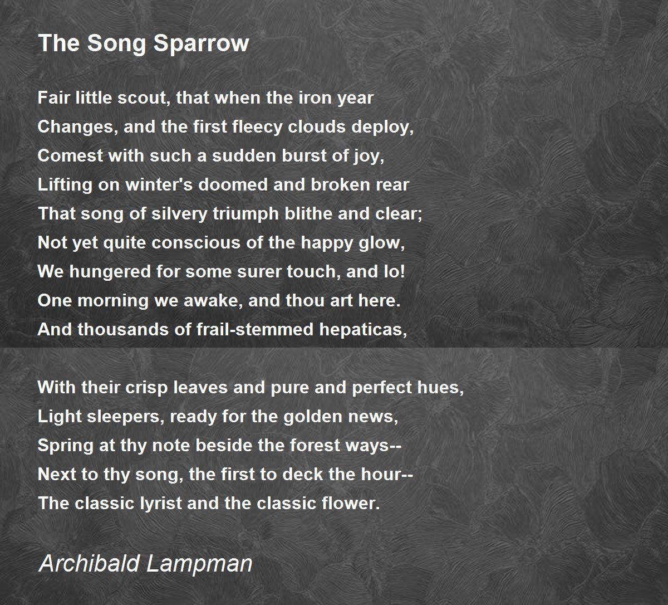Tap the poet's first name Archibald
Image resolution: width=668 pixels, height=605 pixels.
pyautogui.click(x=89, y=563)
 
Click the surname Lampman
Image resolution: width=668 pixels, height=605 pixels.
pyautogui.click(x=200, y=563)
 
